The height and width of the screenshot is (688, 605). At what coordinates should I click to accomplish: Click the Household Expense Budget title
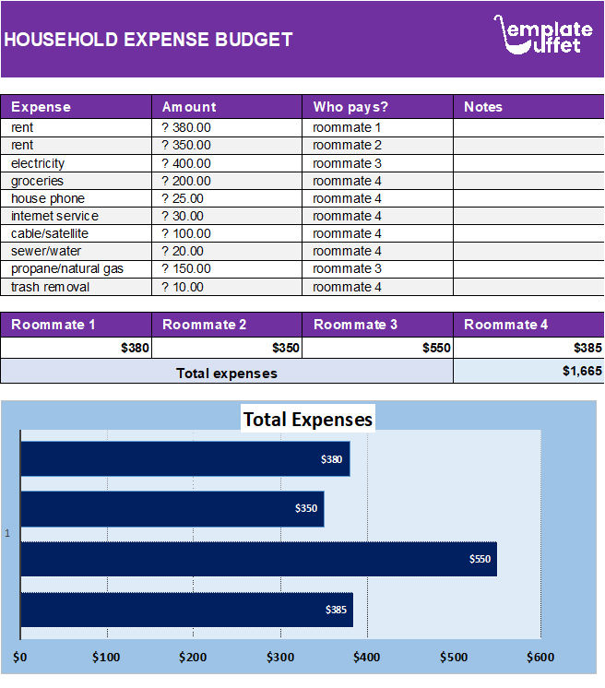click(x=148, y=40)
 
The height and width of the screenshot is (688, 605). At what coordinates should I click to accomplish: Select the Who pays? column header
click(x=350, y=107)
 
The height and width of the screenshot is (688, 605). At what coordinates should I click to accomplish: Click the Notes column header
click(x=483, y=107)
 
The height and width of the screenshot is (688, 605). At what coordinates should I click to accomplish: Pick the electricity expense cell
click(x=38, y=163)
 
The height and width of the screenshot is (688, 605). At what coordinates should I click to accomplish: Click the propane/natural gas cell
click(x=66, y=269)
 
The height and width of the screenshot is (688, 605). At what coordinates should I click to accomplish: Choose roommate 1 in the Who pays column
click(x=347, y=128)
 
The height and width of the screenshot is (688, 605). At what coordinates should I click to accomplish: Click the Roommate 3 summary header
click(x=356, y=325)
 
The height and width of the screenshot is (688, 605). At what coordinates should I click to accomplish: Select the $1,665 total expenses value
click(x=582, y=371)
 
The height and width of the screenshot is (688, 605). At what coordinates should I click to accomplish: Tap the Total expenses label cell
click(x=227, y=374)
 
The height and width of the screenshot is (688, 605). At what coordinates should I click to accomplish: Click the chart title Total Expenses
click(x=307, y=420)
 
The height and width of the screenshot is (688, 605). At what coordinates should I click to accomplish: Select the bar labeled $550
click(x=258, y=559)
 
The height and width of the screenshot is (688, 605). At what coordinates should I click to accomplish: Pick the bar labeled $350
click(x=172, y=508)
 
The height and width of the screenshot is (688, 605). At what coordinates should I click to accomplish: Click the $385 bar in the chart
click(x=186, y=610)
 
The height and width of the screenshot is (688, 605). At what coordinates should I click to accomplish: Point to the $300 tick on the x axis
click(x=280, y=658)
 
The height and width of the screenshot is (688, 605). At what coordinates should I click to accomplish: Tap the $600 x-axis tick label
click(x=540, y=658)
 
